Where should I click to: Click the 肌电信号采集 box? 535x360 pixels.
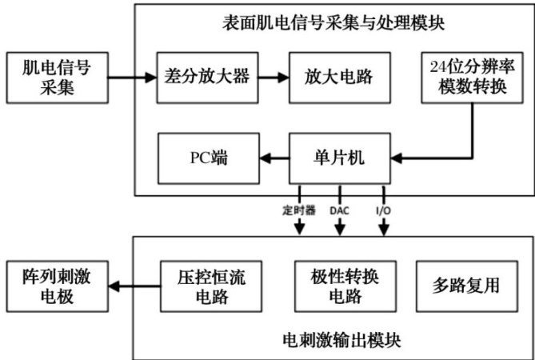(x=57, y=77)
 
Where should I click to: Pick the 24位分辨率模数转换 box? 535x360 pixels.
(x=472, y=77)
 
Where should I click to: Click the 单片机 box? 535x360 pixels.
(x=339, y=158)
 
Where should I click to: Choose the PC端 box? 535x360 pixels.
(x=209, y=158)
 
